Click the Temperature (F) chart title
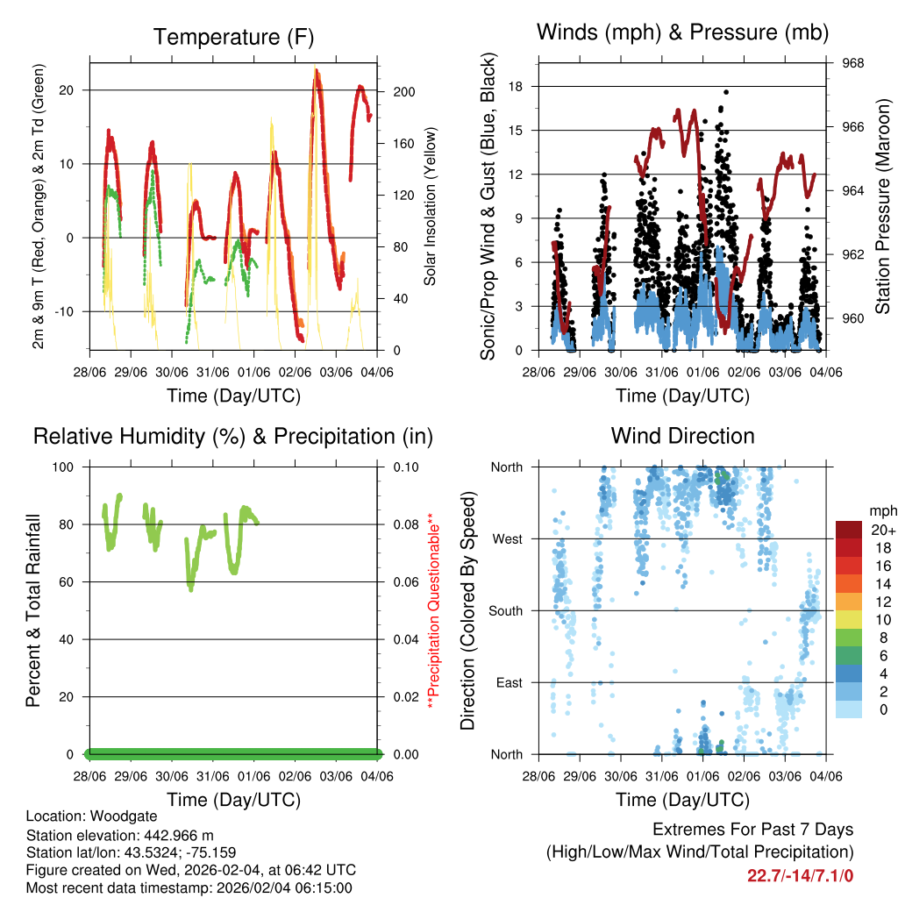pyautogui.click(x=233, y=37)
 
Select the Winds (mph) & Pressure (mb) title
pyautogui.click(x=682, y=32)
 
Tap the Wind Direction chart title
pyautogui.click(x=682, y=436)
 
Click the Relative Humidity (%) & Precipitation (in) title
pyautogui.click(x=233, y=436)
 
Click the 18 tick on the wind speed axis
pyautogui.click(x=516, y=86)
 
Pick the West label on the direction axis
pyautogui.click(x=507, y=538)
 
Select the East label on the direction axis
pyautogui.click(x=508, y=682)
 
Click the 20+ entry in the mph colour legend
pyautogui.click(x=883, y=530)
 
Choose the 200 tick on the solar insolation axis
pyautogui.click(x=404, y=91)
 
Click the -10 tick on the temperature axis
pyautogui.click(x=68, y=311)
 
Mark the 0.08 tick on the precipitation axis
pyautogui.click(x=404, y=524)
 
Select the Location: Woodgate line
pyautogui.click(x=87, y=816)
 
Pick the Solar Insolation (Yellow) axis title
pyautogui.click(x=431, y=206)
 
